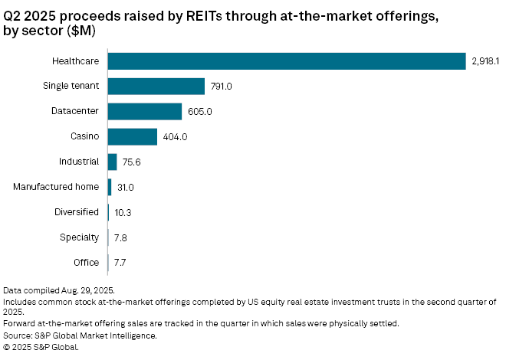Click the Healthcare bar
click(x=287, y=61)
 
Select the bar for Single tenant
click(x=156, y=86)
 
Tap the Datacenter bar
click(x=145, y=111)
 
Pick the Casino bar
click(x=133, y=136)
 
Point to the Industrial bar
click(x=113, y=162)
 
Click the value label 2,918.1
click(x=486, y=61)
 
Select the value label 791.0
click(x=221, y=86)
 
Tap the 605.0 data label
click(x=199, y=111)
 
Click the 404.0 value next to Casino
click(x=174, y=136)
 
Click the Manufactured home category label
click(x=57, y=187)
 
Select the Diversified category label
click(x=77, y=212)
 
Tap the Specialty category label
click(x=80, y=237)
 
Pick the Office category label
click(x=87, y=263)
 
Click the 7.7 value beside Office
click(x=120, y=263)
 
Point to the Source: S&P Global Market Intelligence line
click(x=80, y=335)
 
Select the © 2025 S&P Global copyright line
click(x=41, y=347)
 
